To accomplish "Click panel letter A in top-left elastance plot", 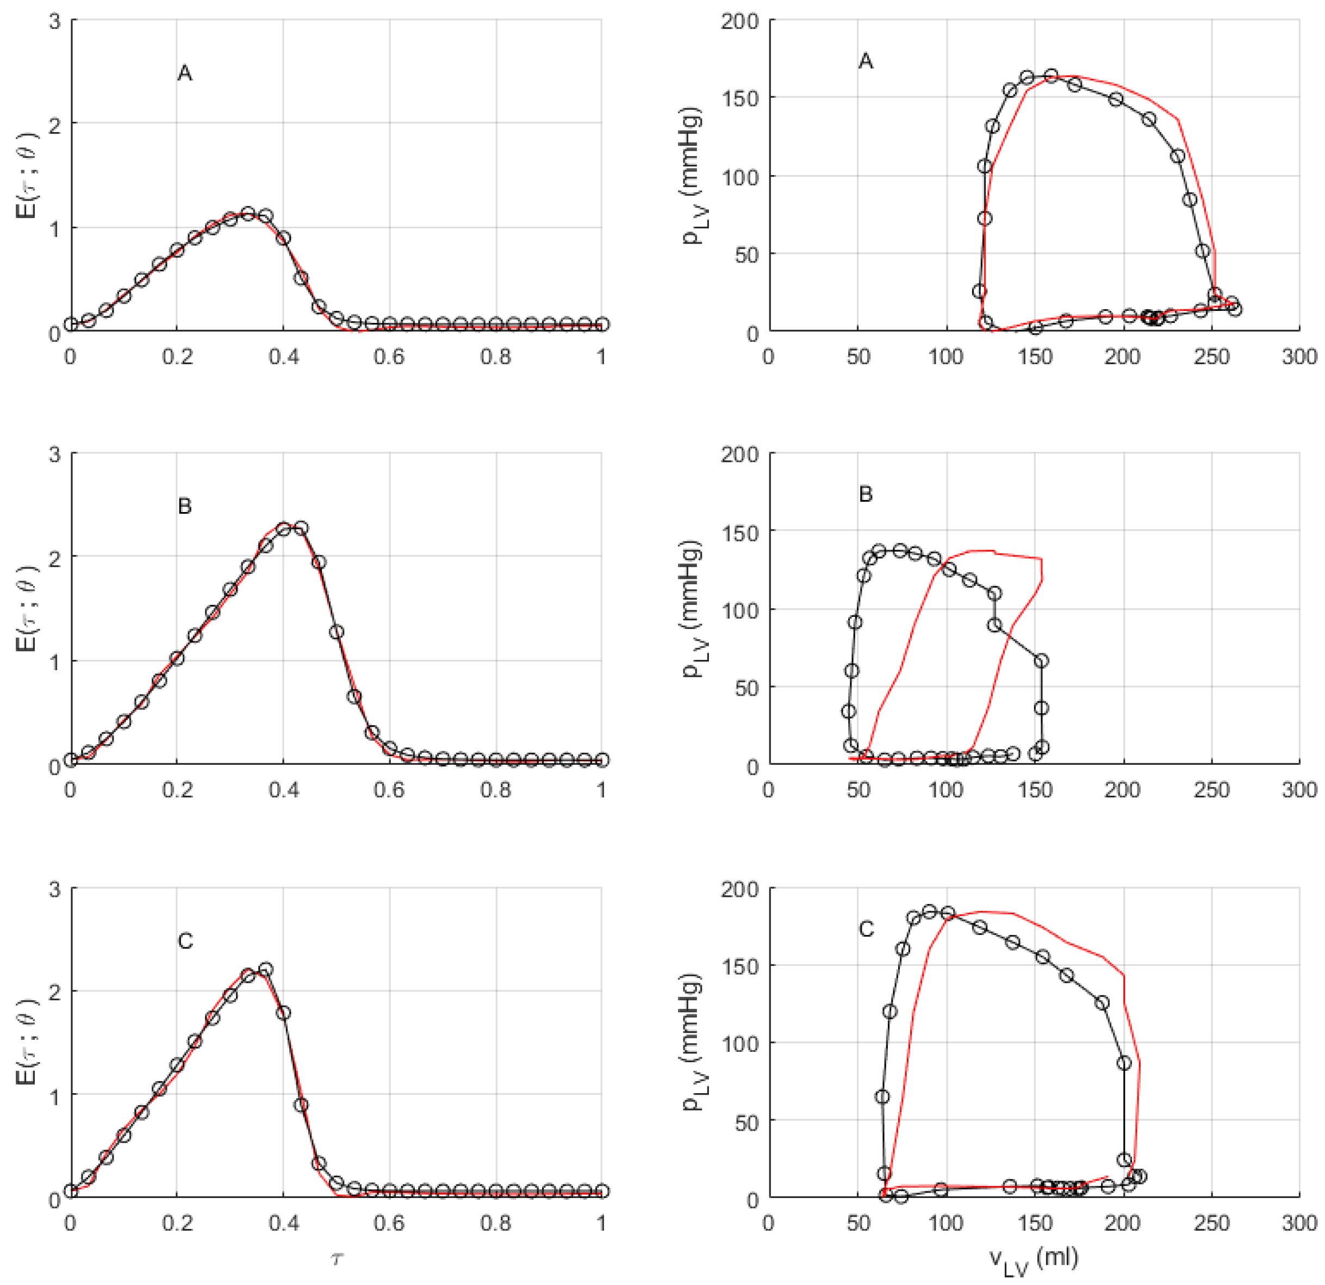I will click(x=184, y=73).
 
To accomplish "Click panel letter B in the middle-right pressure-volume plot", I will click(x=866, y=494).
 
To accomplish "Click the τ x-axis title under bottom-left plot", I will click(x=336, y=1258).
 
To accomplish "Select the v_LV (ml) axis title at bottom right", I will click(x=1034, y=1261).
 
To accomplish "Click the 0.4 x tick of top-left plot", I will click(x=283, y=356).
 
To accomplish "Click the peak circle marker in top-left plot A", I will click(x=248, y=213).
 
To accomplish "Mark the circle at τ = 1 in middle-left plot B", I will click(x=602, y=760).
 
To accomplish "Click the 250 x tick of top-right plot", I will click(x=1211, y=356).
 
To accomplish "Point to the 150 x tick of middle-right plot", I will click(x=1034, y=789).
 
